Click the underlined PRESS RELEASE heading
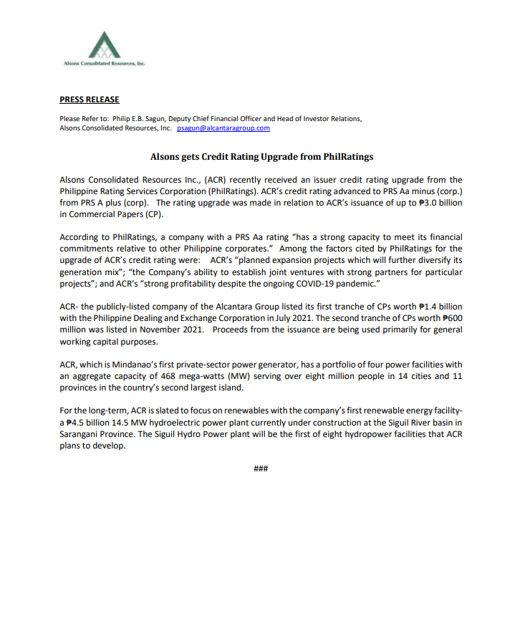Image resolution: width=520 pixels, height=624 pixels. click(90, 100)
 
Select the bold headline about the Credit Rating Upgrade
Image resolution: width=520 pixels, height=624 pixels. click(261, 156)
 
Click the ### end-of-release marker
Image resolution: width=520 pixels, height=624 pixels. click(261, 469)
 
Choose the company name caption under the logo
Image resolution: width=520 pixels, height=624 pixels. click(105, 64)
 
